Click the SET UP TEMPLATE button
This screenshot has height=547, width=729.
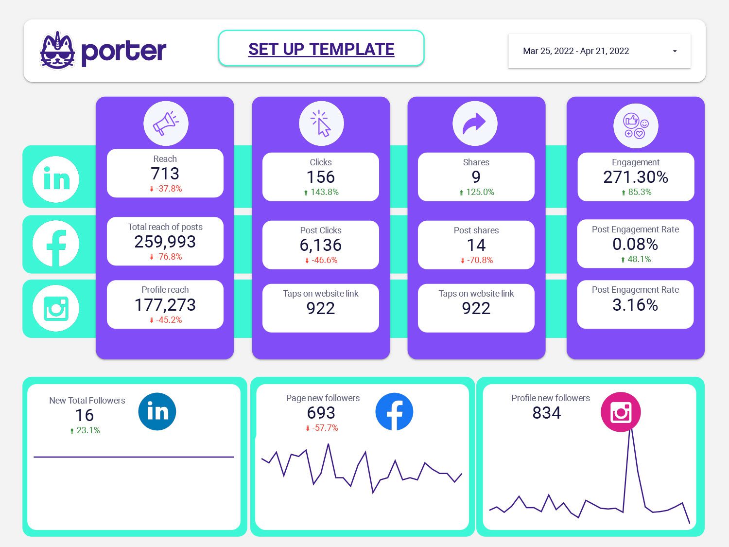tap(321, 49)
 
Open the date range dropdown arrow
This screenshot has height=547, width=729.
tap(675, 51)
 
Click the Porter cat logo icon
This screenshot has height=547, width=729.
tap(57, 51)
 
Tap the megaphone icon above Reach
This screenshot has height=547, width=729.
tap(166, 124)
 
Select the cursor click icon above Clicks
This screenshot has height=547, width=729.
tap(321, 124)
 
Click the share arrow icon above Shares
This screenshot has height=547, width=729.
tap(475, 124)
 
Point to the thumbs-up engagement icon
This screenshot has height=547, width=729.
tap(636, 125)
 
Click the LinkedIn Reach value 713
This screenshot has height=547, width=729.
tap(165, 174)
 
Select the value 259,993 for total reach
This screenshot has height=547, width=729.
tap(165, 242)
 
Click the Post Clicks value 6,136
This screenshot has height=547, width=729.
tap(321, 245)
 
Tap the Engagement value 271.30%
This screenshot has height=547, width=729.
tap(636, 177)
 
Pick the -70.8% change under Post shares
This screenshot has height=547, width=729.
tap(477, 260)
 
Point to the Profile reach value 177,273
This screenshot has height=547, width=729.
tap(165, 305)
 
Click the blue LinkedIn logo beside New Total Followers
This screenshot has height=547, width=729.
tap(157, 411)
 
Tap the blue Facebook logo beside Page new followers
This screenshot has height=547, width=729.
tap(394, 411)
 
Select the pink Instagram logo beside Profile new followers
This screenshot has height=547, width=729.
tap(621, 412)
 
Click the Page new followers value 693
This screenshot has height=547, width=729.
tap(321, 413)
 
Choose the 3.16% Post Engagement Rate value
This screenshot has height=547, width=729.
tap(635, 305)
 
